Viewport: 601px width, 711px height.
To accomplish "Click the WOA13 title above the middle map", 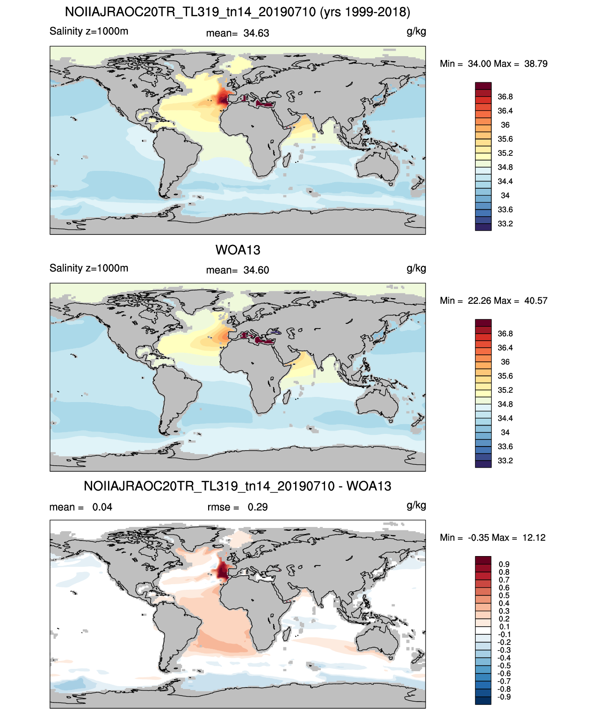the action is [238, 250].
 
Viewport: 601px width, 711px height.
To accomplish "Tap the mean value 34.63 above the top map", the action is [256, 33].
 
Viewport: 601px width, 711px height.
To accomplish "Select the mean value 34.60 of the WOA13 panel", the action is [256, 270].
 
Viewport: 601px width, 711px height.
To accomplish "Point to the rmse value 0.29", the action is [257, 507].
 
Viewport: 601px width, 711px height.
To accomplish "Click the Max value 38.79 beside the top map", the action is [536, 64].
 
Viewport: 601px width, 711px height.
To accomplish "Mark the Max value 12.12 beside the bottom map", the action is [534, 538].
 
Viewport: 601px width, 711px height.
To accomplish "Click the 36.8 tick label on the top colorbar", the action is [505, 97].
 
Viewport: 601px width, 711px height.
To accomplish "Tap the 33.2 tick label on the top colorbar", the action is [505, 224].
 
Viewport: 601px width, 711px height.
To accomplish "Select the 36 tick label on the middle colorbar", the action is [505, 362].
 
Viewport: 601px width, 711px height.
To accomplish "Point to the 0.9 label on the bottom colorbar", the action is [504, 564].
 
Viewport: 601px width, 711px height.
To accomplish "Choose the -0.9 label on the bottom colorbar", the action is [504, 697].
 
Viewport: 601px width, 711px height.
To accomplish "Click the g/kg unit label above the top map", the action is [416, 32].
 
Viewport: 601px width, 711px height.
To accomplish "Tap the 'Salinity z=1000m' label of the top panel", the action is [89, 31].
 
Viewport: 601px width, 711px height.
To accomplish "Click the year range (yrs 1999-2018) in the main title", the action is [365, 12].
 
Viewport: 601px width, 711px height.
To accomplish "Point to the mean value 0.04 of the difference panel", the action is [102, 507].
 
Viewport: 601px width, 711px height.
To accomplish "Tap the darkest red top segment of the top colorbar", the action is [483, 86].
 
